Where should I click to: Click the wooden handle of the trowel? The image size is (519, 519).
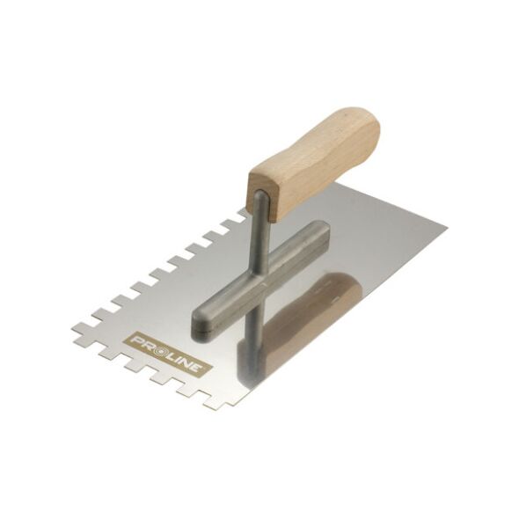[314, 162]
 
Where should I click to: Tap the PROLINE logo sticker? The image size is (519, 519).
[167, 355]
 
